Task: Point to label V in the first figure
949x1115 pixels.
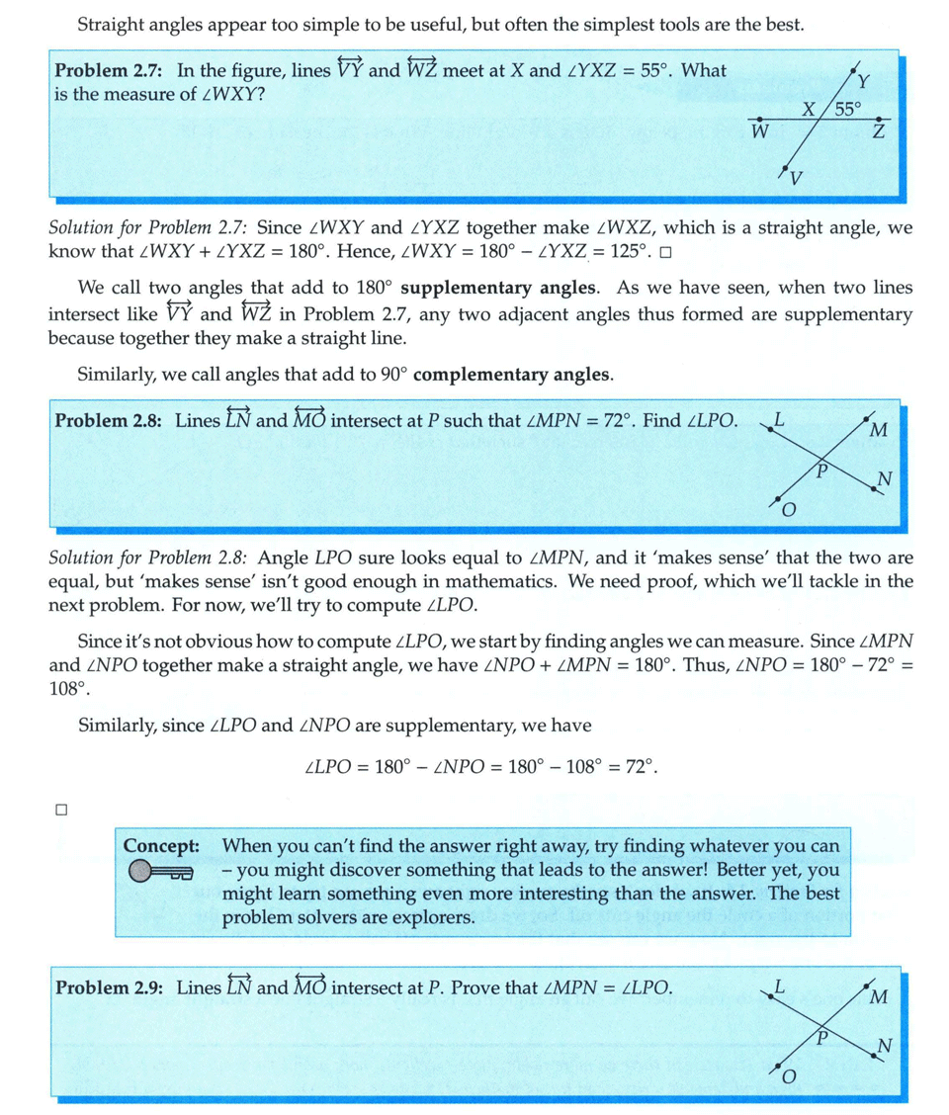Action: point(797,178)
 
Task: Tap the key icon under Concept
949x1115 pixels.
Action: point(160,872)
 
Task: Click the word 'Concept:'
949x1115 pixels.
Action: point(162,846)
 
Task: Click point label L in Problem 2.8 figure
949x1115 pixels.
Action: point(780,417)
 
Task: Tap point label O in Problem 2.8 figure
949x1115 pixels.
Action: point(789,510)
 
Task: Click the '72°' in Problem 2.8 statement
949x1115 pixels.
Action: point(616,419)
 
